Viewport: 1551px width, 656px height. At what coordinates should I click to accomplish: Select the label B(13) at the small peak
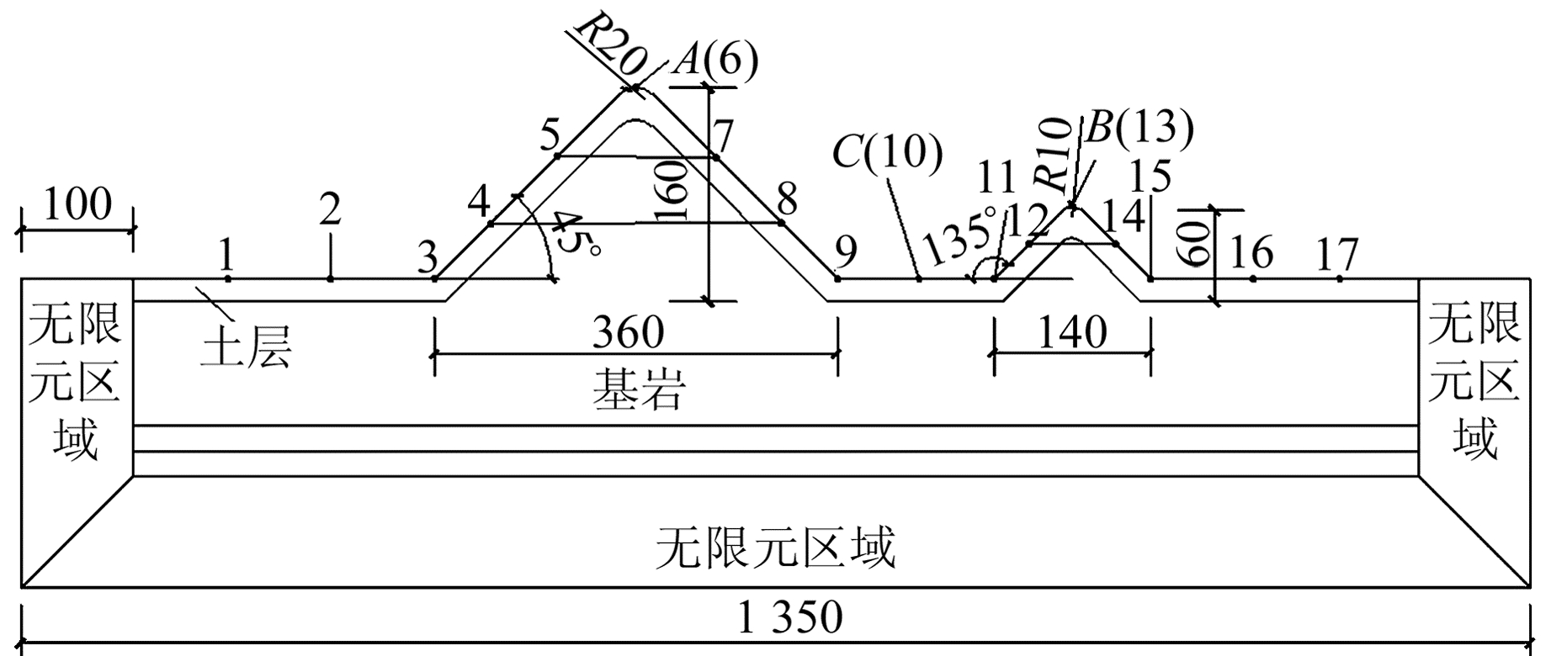pyautogui.click(x=1139, y=128)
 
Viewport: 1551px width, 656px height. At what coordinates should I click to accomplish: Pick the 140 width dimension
pyautogui.click(x=1071, y=333)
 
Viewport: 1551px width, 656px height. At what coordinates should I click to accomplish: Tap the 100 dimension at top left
pyautogui.click(x=77, y=204)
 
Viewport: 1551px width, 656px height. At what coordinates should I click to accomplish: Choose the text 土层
pyautogui.click(x=246, y=348)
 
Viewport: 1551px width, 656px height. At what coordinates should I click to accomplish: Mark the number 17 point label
pyautogui.click(x=1336, y=253)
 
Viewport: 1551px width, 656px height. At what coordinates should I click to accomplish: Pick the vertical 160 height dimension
pyautogui.click(x=675, y=191)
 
